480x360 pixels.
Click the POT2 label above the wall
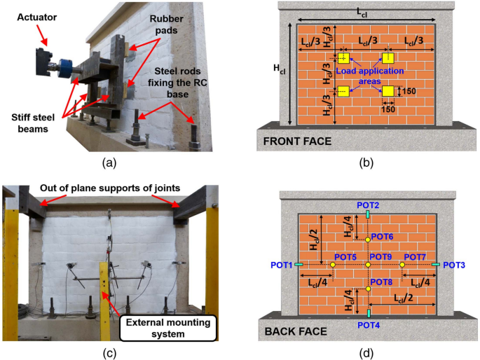367,205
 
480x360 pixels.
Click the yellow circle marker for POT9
368,265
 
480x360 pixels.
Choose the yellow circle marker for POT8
368,289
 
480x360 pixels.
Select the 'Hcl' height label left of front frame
279,68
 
